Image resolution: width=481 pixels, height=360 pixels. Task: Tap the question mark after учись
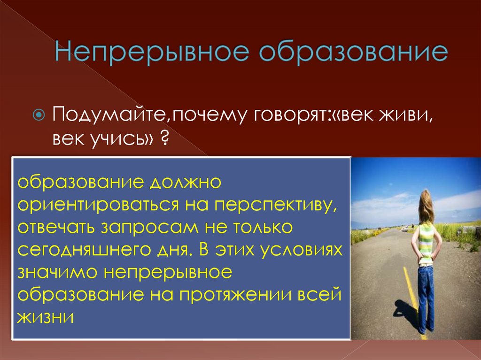[x=165, y=139]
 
